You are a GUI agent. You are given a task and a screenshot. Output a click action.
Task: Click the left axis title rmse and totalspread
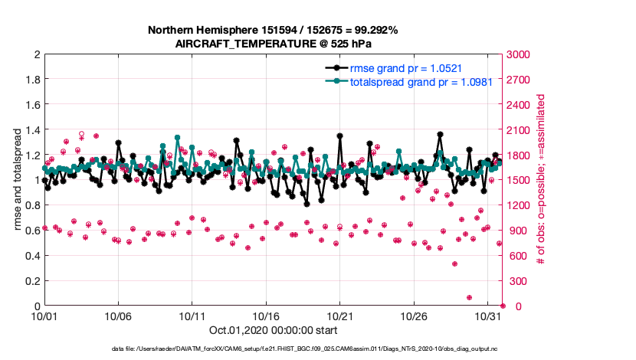(x=18, y=180)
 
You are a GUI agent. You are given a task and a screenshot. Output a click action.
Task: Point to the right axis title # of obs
(x=541, y=180)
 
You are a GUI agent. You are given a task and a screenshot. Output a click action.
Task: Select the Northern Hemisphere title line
(x=273, y=31)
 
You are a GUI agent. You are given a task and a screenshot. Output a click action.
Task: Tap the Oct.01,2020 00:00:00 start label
(x=273, y=331)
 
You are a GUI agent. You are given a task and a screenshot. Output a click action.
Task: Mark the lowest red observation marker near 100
(x=469, y=298)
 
